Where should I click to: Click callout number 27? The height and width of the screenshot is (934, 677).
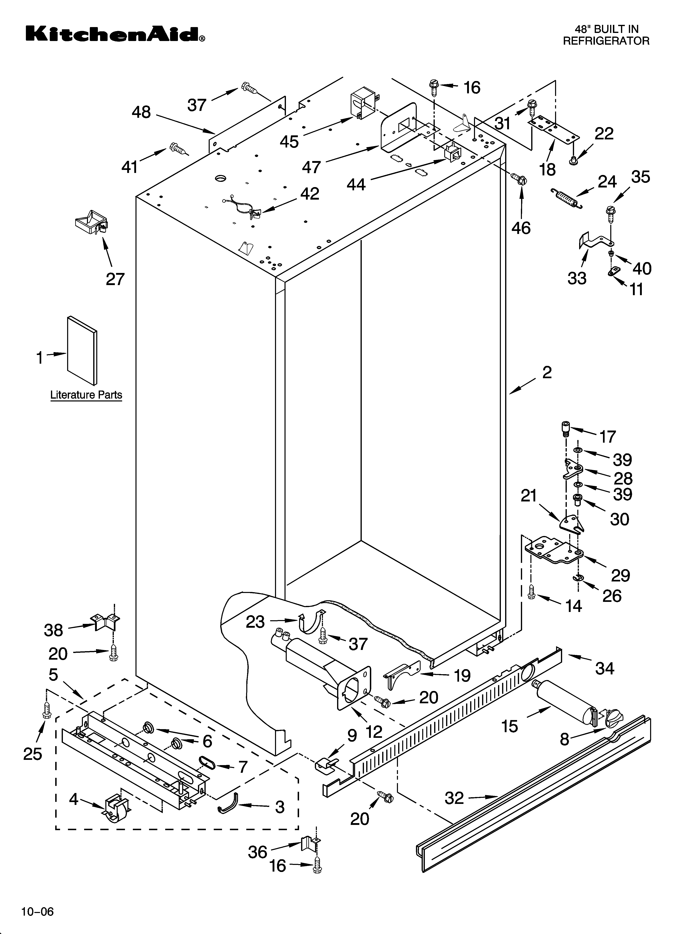[x=115, y=279]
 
